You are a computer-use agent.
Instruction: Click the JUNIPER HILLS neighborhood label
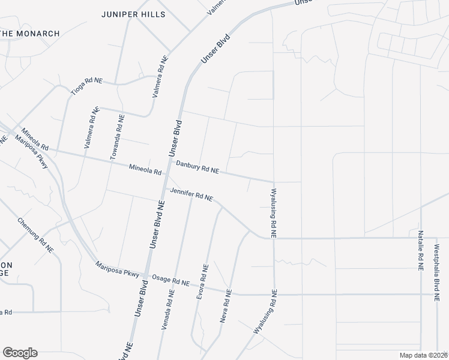tap(133, 14)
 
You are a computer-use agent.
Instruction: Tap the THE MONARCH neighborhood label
tap(30, 34)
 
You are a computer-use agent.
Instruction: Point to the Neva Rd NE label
tap(226, 307)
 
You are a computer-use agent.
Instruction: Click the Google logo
tap(20, 353)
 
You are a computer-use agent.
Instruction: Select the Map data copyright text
tap(423, 355)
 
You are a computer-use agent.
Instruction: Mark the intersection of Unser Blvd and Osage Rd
tap(145, 276)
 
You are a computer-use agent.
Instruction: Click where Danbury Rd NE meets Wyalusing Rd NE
tap(274, 181)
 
